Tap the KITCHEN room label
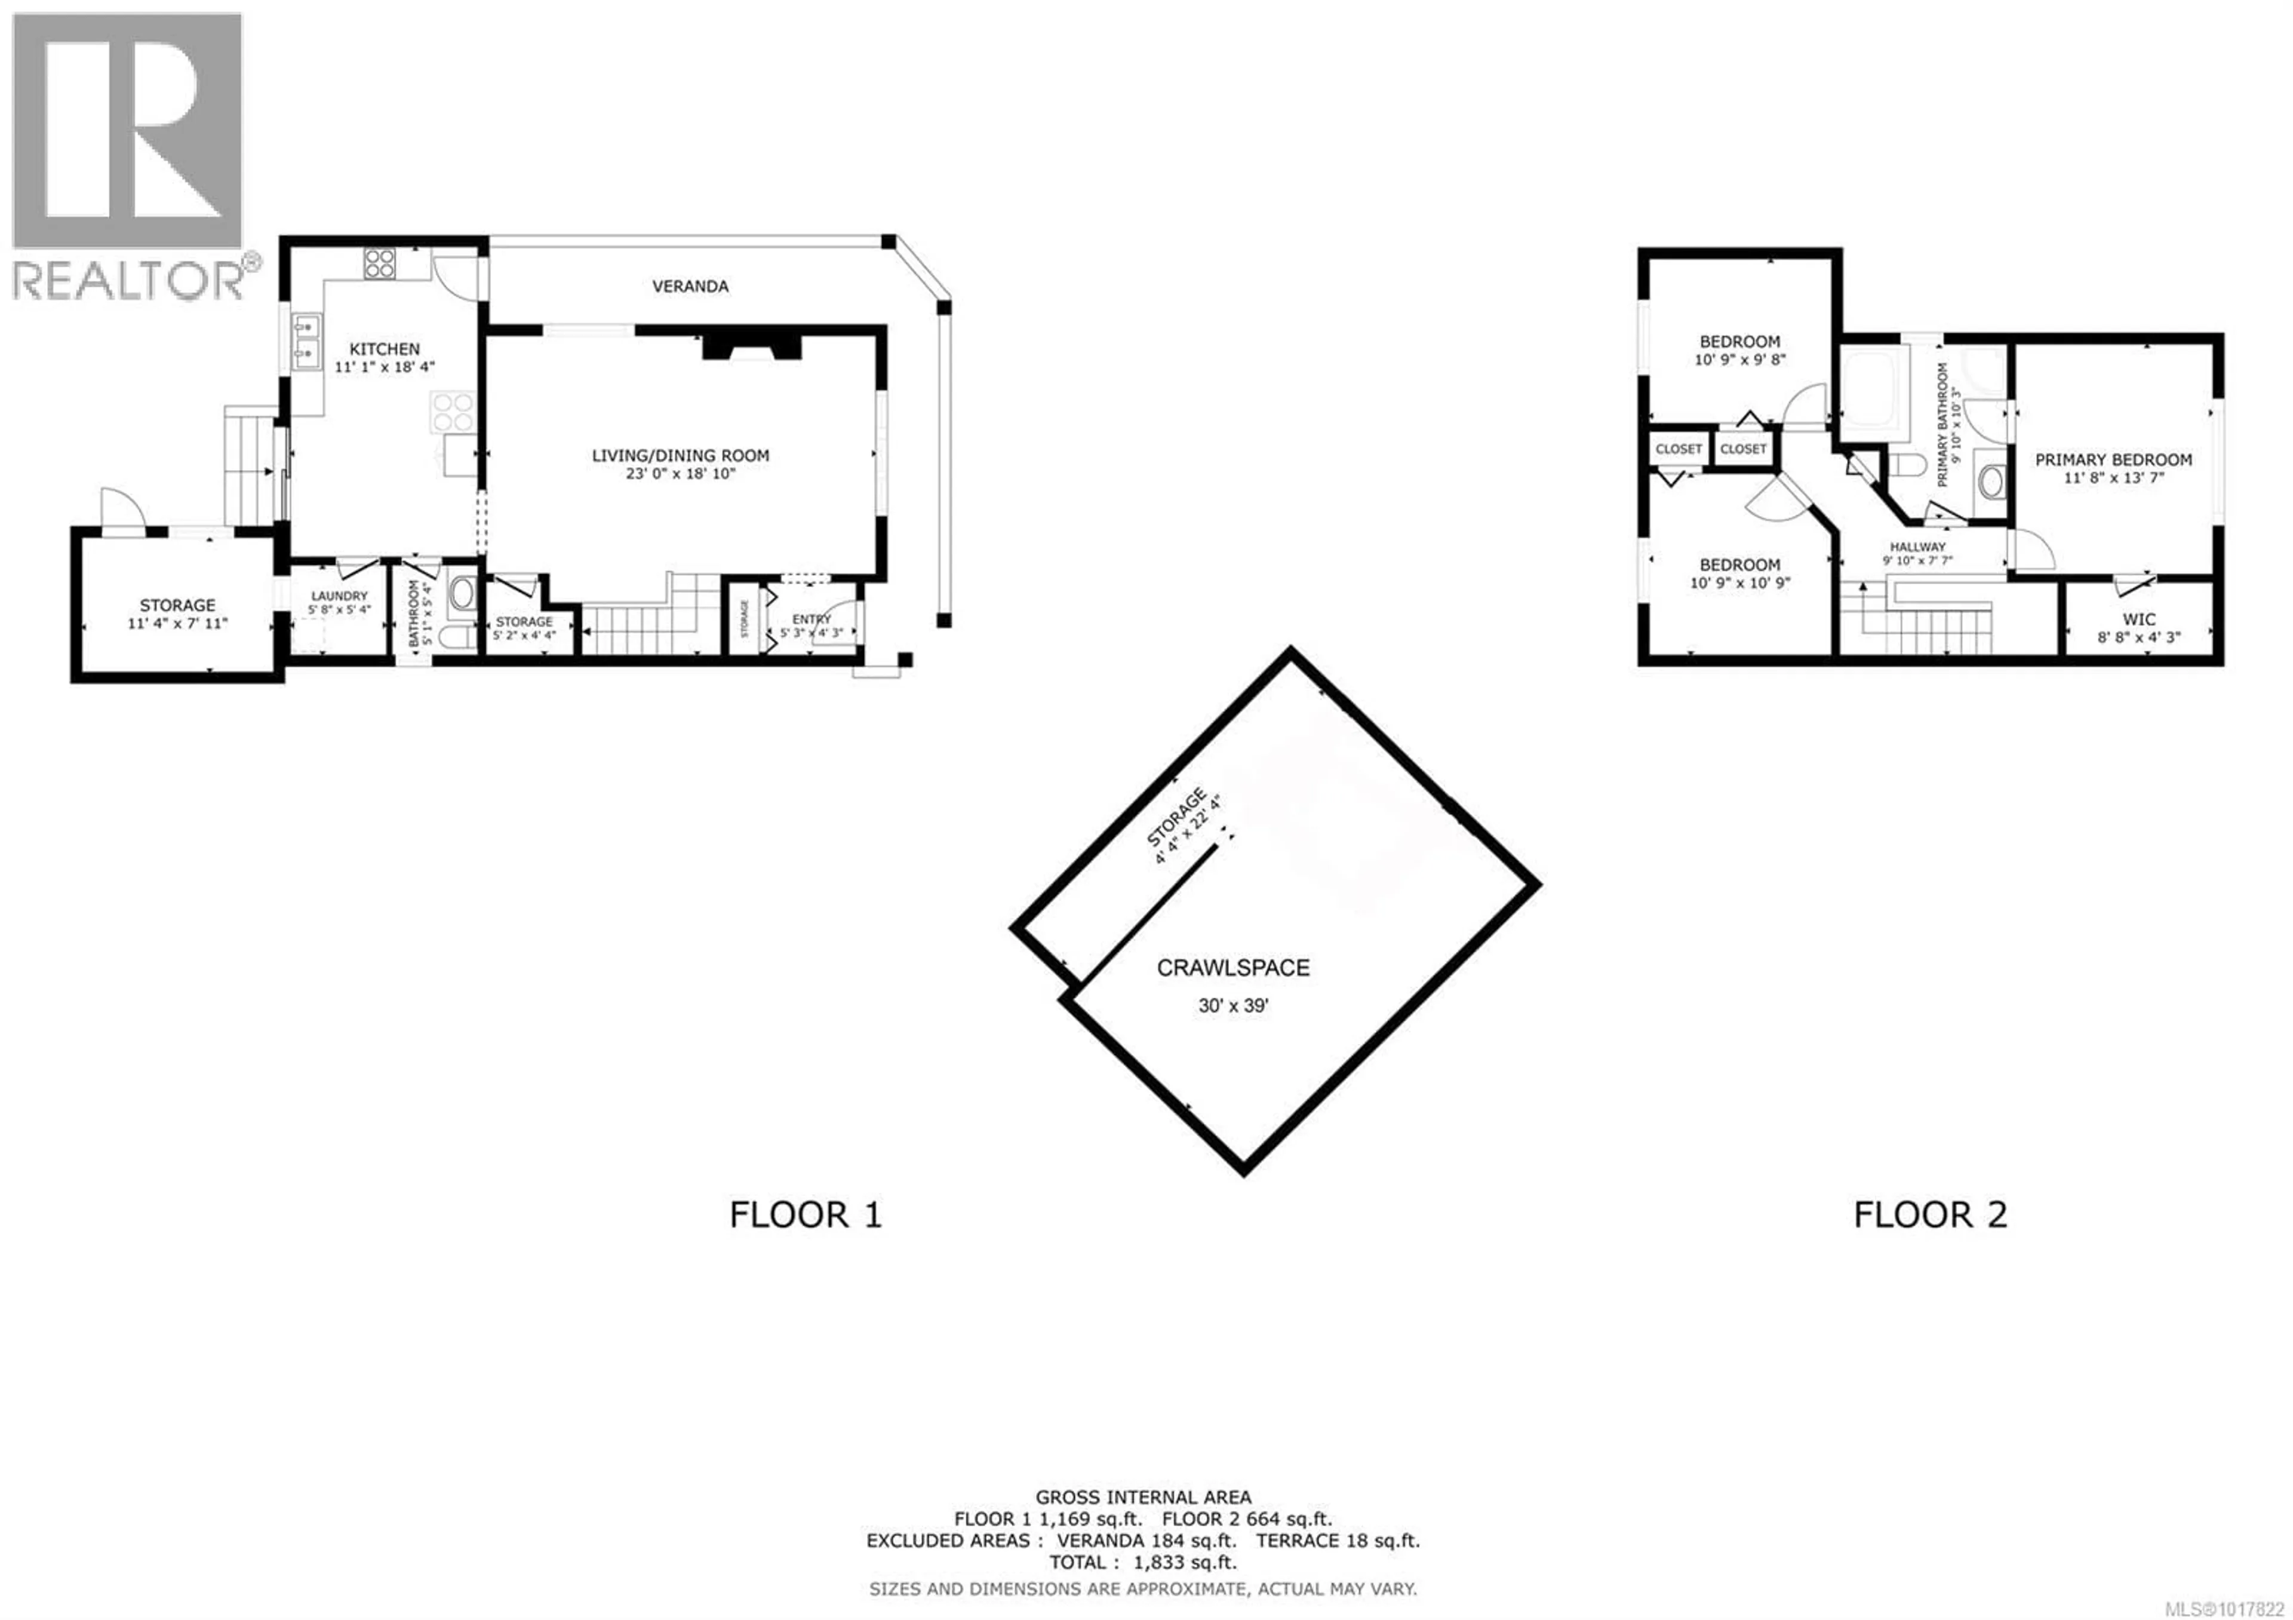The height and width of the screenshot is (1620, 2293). pyautogui.click(x=385, y=349)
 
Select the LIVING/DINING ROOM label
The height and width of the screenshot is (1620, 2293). pyautogui.click(x=680, y=455)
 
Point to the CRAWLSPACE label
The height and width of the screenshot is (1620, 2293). pyautogui.click(x=1232, y=968)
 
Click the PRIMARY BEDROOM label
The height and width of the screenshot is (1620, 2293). pyautogui.click(x=2113, y=459)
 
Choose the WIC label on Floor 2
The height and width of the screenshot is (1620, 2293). pyautogui.click(x=2138, y=619)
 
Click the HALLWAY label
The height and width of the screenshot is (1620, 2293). pyautogui.click(x=1917, y=547)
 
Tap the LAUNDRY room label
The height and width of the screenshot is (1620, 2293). pyautogui.click(x=340, y=596)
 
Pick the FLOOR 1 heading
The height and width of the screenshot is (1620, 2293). pyautogui.click(x=806, y=1214)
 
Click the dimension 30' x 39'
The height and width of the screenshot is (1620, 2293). pyautogui.click(x=1232, y=1006)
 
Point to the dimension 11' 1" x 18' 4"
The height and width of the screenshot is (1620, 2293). pyautogui.click(x=385, y=367)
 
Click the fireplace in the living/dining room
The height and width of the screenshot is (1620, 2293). pyautogui.click(x=752, y=346)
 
